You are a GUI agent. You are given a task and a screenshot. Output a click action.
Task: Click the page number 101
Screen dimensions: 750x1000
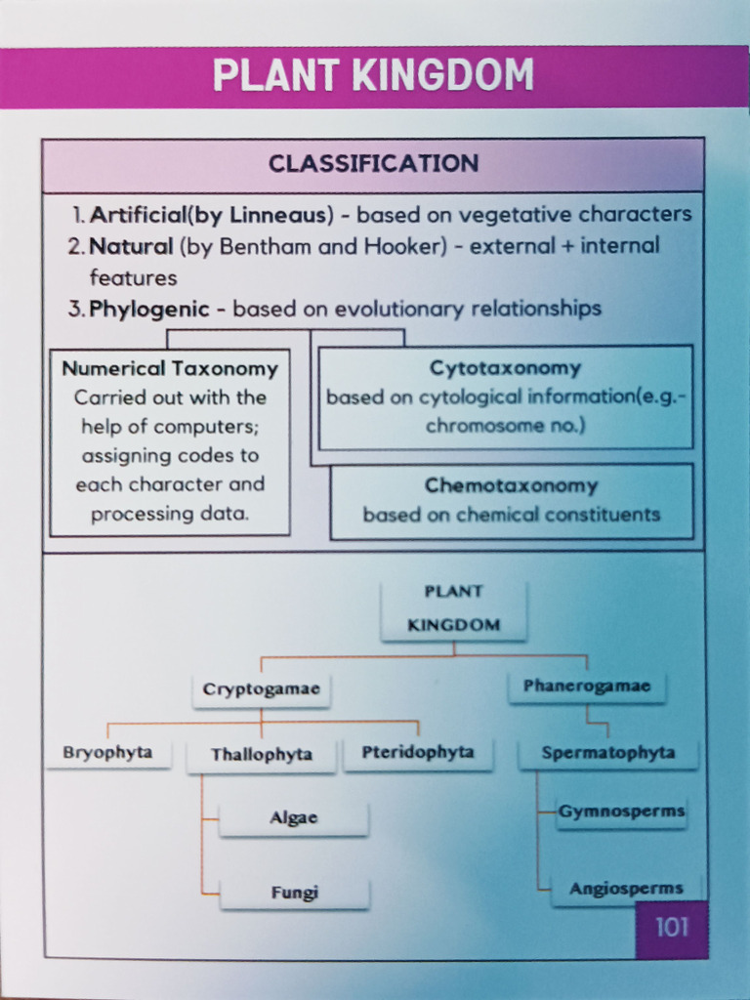[672, 928]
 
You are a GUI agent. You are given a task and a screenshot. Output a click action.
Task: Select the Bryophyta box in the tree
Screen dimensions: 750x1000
[107, 753]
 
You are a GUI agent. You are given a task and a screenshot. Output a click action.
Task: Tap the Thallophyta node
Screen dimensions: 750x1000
[262, 756]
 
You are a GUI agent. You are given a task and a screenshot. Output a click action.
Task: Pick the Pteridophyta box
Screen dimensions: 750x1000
[418, 753]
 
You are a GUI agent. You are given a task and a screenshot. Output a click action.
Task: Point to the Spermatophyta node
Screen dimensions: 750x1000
[608, 753]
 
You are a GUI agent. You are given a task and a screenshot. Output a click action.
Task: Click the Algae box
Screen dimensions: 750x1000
[293, 818]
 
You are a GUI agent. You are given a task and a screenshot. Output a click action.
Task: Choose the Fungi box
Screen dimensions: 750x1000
[294, 893]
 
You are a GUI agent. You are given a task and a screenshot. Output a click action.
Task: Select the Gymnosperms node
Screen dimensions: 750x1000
[621, 812]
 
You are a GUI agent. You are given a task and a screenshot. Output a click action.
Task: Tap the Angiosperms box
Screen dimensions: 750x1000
[626, 889]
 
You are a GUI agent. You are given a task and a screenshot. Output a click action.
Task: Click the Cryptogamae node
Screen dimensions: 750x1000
[262, 689]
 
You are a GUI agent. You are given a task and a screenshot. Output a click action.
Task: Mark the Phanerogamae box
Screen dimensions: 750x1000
[587, 687]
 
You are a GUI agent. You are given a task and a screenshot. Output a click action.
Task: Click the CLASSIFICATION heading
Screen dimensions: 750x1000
[374, 164]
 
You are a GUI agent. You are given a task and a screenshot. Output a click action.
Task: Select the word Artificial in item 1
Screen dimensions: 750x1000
[138, 215]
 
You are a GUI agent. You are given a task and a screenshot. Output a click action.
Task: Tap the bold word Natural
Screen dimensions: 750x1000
[132, 246]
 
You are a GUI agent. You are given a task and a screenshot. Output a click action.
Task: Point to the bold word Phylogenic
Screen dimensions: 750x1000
[149, 310]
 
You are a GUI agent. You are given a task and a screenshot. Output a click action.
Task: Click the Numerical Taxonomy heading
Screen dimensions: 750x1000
[170, 368]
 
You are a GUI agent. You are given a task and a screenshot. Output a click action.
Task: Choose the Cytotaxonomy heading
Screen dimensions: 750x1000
[506, 368]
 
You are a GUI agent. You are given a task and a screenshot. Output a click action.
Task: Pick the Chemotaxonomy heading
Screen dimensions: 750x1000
[512, 485]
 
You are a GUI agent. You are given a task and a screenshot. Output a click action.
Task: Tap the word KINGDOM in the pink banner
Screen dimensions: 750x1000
[443, 75]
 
